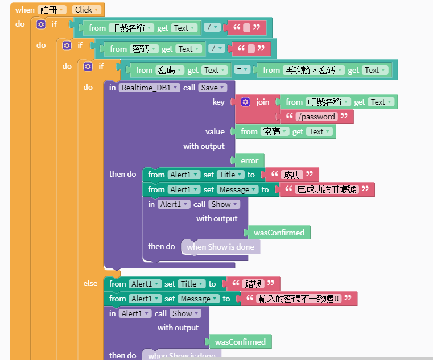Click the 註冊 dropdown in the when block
[x=51, y=10]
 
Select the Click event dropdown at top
[x=86, y=10]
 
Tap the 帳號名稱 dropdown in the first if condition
[x=131, y=28]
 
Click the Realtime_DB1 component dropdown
[x=150, y=88]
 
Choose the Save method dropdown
[x=213, y=88]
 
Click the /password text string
[x=316, y=117]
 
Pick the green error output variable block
[x=249, y=161]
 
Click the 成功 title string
[x=292, y=175]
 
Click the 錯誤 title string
[x=253, y=284]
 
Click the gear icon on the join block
[x=245, y=102]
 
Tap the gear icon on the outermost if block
[x=40, y=24]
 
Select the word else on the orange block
[x=90, y=283]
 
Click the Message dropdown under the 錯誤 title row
[x=199, y=299]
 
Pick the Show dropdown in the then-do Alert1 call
[x=223, y=204]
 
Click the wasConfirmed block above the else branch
[x=279, y=232]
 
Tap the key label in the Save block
[x=218, y=102]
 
